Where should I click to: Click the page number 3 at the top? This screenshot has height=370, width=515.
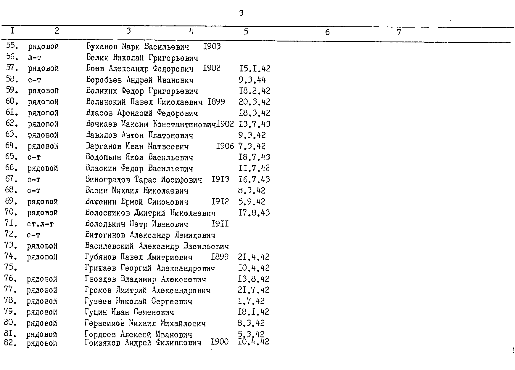[x=241, y=13]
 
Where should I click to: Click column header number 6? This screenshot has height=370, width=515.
[x=327, y=32]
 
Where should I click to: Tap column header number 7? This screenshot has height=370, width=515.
[x=399, y=32]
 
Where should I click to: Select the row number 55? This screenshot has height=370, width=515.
[x=12, y=46]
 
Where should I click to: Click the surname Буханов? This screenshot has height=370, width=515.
[x=102, y=47]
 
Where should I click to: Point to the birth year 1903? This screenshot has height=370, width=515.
[x=212, y=46]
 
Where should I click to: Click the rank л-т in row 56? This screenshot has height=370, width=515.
[x=34, y=58]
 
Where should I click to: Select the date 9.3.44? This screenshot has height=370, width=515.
[x=252, y=80]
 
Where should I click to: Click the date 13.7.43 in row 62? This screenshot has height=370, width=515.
[x=254, y=124]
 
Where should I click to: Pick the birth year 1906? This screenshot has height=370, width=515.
[x=225, y=146]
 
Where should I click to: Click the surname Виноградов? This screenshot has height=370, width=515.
[x=108, y=180]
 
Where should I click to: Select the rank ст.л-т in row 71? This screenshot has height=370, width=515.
[x=40, y=224]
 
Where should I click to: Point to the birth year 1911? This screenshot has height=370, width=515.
[x=220, y=224]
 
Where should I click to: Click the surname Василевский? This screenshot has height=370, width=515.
[x=109, y=246]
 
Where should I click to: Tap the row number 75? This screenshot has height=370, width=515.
[x=10, y=267]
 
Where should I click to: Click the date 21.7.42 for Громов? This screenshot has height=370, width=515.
[x=254, y=290]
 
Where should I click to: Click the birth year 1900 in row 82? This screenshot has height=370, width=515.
[x=220, y=342]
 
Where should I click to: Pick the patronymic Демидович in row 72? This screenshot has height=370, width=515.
[x=195, y=235]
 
